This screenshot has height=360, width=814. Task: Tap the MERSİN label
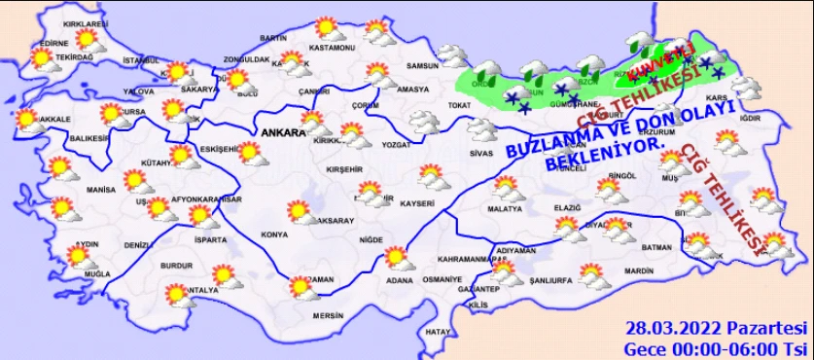click(x=328, y=315)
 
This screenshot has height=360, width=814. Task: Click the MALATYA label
click(x=506, y=208)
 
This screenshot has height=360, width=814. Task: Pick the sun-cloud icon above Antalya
click(x=178, y=294)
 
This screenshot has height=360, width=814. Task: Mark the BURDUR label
click(x=175, y=264)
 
